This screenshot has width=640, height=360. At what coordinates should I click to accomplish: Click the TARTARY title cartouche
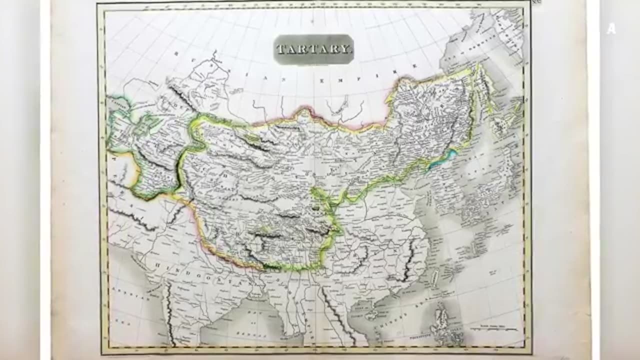[x=313, y=49]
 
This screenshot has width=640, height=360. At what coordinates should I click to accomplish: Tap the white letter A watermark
[x=611, y=29]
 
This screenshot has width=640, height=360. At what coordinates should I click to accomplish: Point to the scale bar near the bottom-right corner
[x=490, y=328]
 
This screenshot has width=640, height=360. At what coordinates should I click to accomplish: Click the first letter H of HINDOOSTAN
[x=156, y=263]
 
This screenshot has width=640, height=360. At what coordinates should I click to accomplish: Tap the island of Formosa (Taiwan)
[x=434, y=277]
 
